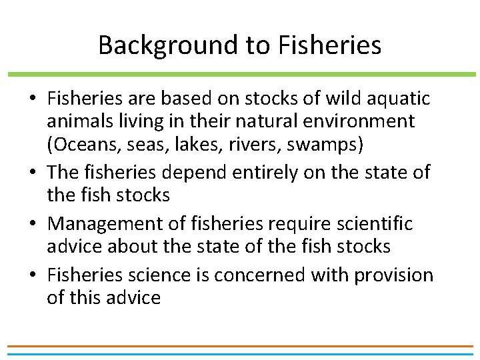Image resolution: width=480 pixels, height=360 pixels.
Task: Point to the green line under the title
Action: [x=240, y=74]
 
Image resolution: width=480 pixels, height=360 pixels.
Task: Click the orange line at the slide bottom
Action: [x=240, y=347]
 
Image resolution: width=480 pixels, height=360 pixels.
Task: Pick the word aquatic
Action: [x=399, y=99]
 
